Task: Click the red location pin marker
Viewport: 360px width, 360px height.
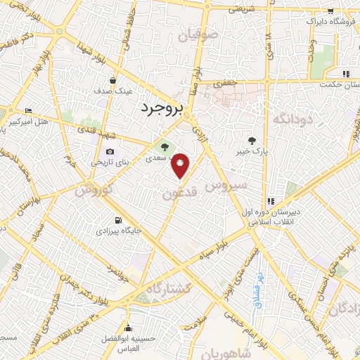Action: [181, 165]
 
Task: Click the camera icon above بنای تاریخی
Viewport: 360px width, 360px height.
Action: [110, 152]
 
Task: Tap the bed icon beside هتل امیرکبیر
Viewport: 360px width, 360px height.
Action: [28, 111]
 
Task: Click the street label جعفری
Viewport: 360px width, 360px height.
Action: [226, 83]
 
